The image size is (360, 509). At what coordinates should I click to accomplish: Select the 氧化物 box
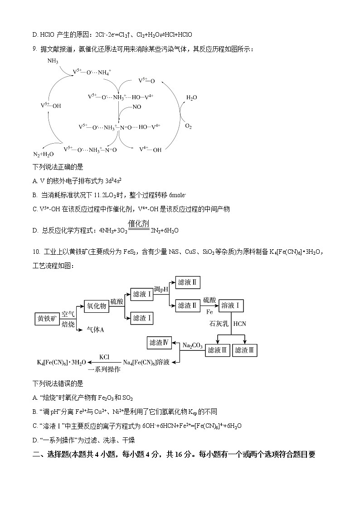97,306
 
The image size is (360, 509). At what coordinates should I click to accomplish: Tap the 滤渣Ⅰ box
142,318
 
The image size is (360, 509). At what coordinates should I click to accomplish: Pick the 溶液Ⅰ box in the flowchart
231,306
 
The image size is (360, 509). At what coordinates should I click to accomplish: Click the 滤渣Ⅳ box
159,343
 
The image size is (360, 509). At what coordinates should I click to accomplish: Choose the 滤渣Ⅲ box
246,350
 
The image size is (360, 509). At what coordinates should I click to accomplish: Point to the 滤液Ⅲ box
219,350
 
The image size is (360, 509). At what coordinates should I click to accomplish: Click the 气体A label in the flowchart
95,330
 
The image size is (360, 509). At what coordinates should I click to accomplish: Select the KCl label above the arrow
104,356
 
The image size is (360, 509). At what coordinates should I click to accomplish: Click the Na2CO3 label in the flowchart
192,345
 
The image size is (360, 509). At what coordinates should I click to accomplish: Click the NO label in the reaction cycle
136,107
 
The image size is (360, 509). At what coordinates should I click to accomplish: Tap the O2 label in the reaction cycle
188,126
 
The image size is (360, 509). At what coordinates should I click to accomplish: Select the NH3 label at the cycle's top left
53,61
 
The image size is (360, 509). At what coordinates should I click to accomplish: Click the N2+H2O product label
44,154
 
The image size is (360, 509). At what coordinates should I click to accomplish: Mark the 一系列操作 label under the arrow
105,369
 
